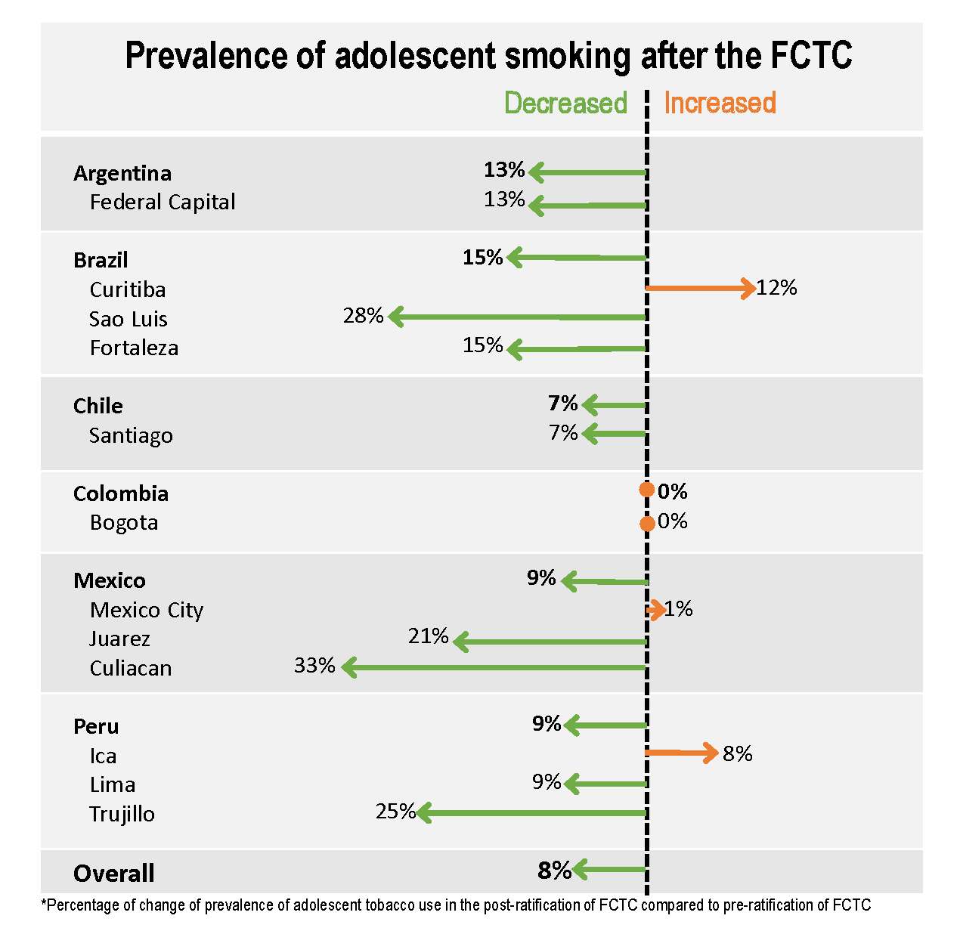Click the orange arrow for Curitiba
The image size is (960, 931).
click(x=700, y=288)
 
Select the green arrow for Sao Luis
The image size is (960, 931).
click(x=518, y=317)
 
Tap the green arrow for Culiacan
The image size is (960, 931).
click(x=495, y=667)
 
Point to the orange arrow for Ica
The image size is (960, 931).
click(x=681, y=753)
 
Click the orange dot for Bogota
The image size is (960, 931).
click(x=647, y=524)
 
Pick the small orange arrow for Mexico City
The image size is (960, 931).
click(x=655, y=609)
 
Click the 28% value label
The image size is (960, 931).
click(x=363, y=316)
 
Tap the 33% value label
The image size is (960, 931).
click(x=314, y=666)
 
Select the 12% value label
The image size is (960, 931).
click(x=777, y=288)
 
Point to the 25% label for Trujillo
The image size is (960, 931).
click(x=395, y=812)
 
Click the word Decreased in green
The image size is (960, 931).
click(x=565, y=103)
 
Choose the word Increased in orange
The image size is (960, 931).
click(x=720, y=103)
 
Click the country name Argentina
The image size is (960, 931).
click(x=122, y=173)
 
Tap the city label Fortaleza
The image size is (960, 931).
click(x=134, y=348)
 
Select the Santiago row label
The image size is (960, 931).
click(x=131, y=435)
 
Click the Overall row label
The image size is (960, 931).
click(x=114, y=874)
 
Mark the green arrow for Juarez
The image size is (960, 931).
click(x=550, y=642)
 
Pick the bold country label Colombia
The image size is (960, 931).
click(x=121, y=493)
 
